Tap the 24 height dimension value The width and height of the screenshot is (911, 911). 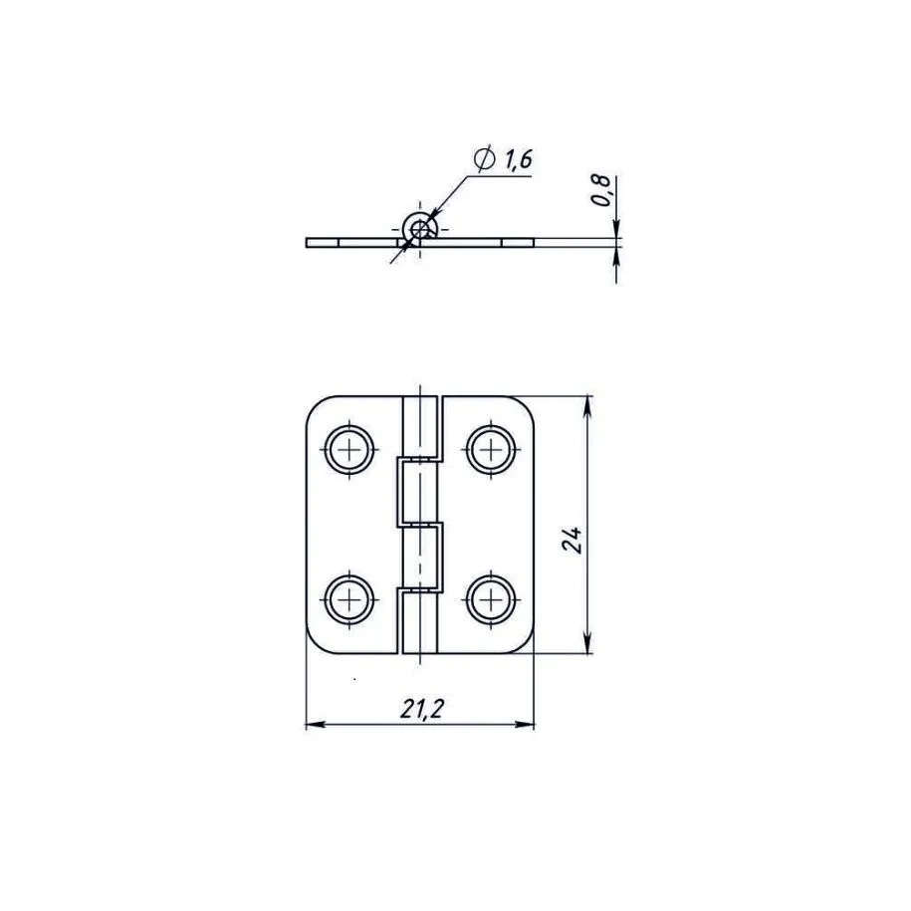point(571,541)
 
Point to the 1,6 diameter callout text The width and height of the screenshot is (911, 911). point(519,159)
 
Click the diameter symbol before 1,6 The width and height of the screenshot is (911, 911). point(484,158)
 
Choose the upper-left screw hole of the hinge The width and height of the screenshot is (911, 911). point(349,449)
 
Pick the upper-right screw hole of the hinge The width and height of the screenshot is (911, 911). point(491,449)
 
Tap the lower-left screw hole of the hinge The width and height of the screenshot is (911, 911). point(349,598)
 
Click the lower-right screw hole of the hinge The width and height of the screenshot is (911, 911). point(491,598)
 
